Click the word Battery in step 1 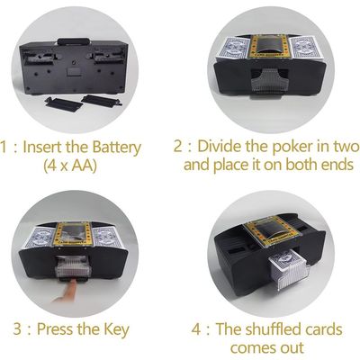(116, 148)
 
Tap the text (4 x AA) (70, 166)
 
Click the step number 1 (4, 148)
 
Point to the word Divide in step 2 (219, 147)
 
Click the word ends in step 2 (337, 165)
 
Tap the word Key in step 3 (116, 330)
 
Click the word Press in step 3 (55, 329)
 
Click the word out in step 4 (292, 348)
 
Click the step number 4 (196, 329)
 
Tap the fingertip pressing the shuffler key (71, 284)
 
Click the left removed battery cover (64, 103)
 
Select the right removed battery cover (102, 100)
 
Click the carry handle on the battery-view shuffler (74, 41)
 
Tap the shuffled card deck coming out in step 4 (288, 270)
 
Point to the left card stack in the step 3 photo (40, 238)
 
